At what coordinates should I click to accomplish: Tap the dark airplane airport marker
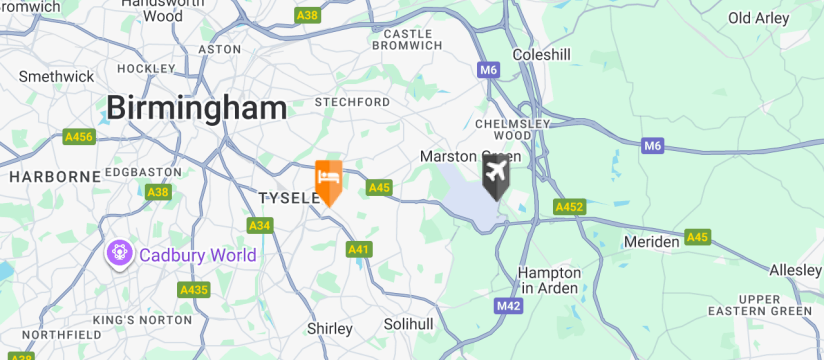coord(496,176)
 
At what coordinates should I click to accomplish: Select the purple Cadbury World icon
coord(119,254)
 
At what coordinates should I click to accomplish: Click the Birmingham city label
coord(196,108)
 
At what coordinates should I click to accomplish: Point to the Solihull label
coord(409,325)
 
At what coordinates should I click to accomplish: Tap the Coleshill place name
coord(541,54)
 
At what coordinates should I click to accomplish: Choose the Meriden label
coord(652,242)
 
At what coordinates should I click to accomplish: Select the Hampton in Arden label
coord(549,281)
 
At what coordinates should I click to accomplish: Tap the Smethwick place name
coord(56,76)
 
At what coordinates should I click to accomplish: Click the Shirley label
coord(329,328)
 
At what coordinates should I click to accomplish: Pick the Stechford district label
coord(352,102)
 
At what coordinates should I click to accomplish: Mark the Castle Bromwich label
coord(407,39)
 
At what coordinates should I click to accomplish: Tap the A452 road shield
coord(569,207)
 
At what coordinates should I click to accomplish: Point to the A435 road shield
coord(194,290)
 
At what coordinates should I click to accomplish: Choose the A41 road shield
coord(359,248)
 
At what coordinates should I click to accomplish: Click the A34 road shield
coord(260,226)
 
